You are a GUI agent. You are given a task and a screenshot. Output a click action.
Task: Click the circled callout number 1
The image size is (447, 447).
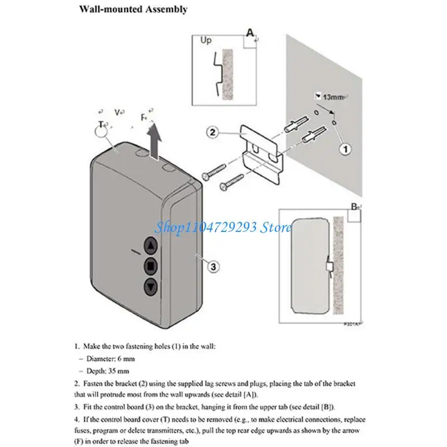pos(345,149)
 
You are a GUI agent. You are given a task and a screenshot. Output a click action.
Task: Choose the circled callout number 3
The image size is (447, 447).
pos(212,266)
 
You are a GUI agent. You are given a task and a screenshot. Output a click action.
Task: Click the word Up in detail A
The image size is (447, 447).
pos(206,41)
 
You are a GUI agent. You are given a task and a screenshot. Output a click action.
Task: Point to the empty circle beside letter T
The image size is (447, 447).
pos(101,131)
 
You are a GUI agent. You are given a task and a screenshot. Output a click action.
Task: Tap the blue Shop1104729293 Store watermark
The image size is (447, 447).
pos(223,227)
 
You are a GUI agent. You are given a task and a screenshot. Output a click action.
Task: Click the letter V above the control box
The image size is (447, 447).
pos(117,112)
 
